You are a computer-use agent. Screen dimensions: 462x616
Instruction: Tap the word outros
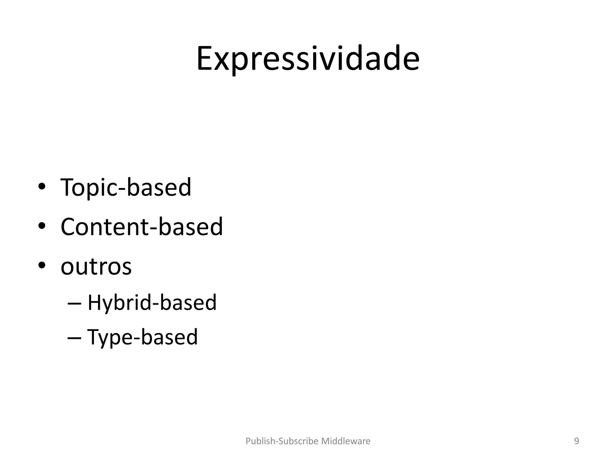(96, 266)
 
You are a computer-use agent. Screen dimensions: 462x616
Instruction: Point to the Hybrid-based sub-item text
(152, 302)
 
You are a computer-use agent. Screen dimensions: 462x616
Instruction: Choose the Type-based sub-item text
(142, 337)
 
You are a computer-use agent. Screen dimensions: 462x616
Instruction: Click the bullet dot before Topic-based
(42, 186)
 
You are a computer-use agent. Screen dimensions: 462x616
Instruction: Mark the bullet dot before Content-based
(42, 226)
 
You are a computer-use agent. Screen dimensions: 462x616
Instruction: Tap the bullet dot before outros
(42, 265)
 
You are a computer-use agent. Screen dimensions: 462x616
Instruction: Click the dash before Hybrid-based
(75, 304)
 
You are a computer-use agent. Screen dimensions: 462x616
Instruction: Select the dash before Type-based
(75, 338)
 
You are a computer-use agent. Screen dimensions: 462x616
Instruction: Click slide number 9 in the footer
(576, 441)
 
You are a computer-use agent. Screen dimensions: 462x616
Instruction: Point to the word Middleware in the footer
(346, 441)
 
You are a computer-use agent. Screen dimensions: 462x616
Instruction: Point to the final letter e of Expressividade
(411, 61)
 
